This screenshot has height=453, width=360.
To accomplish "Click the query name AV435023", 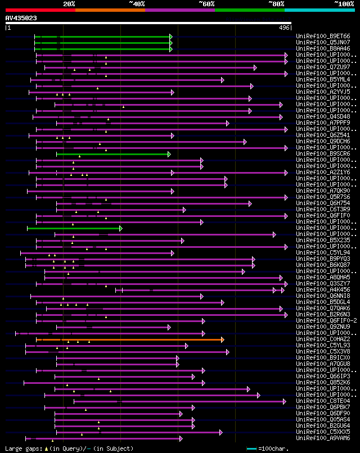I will (21, 18).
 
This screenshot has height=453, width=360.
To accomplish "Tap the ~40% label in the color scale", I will (137, 3).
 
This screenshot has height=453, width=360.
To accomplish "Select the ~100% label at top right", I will (344, 3).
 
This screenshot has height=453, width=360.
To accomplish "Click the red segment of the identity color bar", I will (40, 10).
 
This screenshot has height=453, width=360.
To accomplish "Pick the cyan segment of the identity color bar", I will (319, 10).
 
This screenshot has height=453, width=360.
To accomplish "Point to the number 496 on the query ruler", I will (284, 27).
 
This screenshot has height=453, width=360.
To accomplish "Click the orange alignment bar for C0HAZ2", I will (129, 339).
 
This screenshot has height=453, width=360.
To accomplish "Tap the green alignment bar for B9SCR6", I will (112, 154).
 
